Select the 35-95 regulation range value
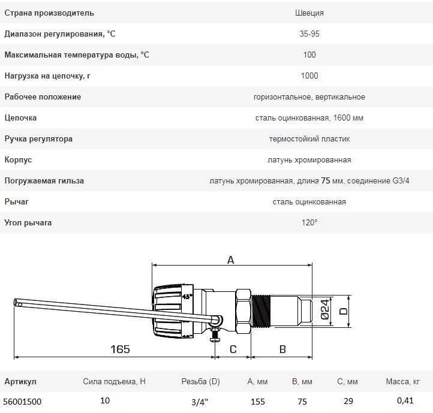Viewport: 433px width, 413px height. point(309,34)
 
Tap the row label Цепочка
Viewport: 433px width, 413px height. point(21,118)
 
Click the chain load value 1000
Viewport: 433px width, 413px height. point(309,76)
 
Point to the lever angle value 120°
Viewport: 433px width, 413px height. point(309,223)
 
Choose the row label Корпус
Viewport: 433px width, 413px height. point(18,160)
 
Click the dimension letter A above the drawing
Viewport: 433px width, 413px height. point(230,260)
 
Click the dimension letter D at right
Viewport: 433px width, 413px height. point(343,311)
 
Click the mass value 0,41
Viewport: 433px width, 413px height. point(405,400)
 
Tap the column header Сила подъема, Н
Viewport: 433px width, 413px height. point(114,381)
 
